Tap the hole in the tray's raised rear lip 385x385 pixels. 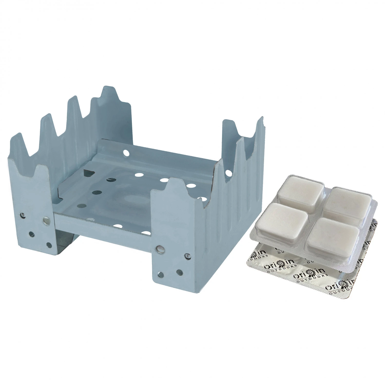pos(126,153)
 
